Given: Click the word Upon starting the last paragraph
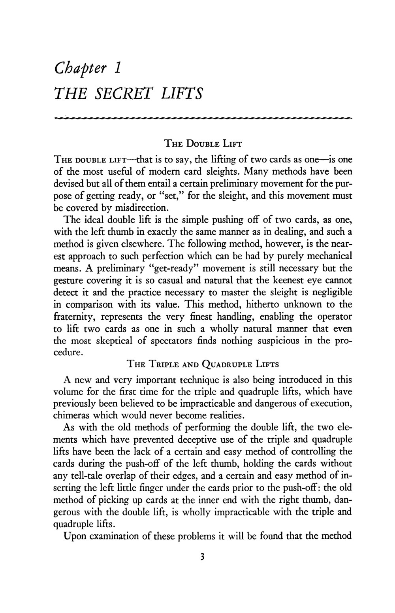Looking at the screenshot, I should click(74, 536).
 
